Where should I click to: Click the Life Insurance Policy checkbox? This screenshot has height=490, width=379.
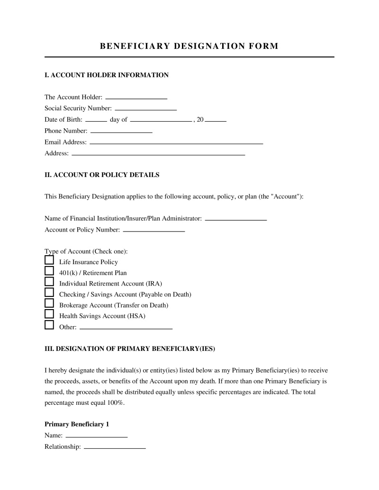point(49,260)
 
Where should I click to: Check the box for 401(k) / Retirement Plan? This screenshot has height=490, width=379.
point(49,271)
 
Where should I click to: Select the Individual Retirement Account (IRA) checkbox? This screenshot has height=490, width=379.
point(49,282)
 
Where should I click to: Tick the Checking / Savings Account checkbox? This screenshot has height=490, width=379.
point(49,293)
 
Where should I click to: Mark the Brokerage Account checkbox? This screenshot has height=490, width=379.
point(49,303)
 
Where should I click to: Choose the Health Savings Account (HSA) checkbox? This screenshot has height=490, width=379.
point(49,314)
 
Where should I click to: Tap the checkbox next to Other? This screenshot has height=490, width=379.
point(49,325)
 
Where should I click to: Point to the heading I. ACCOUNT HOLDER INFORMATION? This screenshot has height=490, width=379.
point(106,75)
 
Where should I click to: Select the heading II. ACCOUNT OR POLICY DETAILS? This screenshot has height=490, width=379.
point(102,175)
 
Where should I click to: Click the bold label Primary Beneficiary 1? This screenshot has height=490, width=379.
point(77,424)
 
